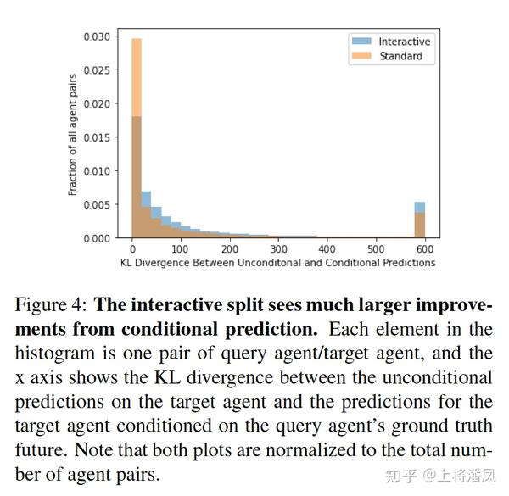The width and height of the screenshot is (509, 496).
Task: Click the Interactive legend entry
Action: (x=404, y=42)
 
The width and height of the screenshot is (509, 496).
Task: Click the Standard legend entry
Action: (x=400, y=57)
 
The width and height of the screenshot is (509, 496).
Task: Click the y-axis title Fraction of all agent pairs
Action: (x=74, y=137)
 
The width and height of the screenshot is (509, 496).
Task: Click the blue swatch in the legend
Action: (x=361, y=42)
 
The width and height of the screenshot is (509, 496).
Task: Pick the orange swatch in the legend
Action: (x=361, y=57)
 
